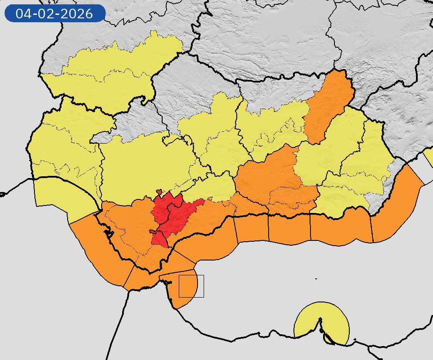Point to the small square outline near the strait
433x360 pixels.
point(191,286)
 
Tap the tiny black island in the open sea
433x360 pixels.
point(316,278)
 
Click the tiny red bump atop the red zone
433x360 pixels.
point(160,192)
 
